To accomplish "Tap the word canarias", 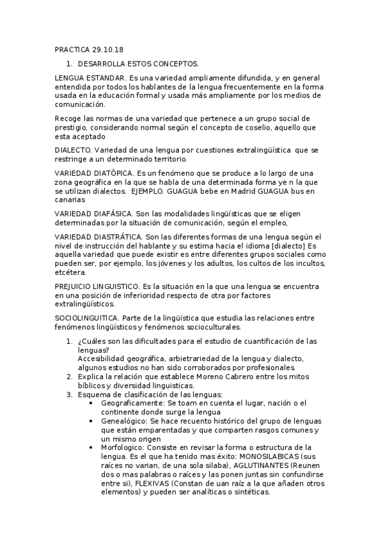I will point(70,199).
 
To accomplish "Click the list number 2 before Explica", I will point(69,377).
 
